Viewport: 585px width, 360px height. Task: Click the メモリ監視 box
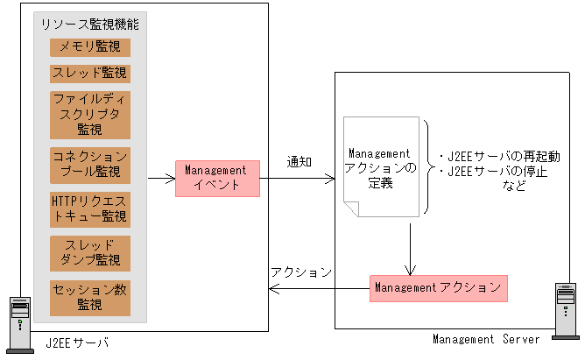click(x=89, y=46)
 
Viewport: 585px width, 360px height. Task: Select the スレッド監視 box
click(x=89, y=73)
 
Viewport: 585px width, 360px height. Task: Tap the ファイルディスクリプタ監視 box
click(x=89, y=114)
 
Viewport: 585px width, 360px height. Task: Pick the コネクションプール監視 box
click(x=89, y=164)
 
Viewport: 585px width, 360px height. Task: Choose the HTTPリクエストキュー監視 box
click(x=89, y=208)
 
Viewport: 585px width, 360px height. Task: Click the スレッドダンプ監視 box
click(x=89, y=253)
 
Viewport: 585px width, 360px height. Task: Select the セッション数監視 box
click(x=89, y=297)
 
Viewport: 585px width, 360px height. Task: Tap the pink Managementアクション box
click(x=438, y=287)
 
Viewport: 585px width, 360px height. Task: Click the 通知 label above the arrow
click(x=300, y=163)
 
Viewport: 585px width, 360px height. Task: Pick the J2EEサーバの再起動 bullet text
click(x=491, y=155)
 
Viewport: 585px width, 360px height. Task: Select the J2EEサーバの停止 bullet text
click(x=491, y=171)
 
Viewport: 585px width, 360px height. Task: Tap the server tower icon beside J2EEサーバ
click(x=18, y=321)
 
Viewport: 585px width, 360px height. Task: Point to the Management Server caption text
click(x=487, y=339)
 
